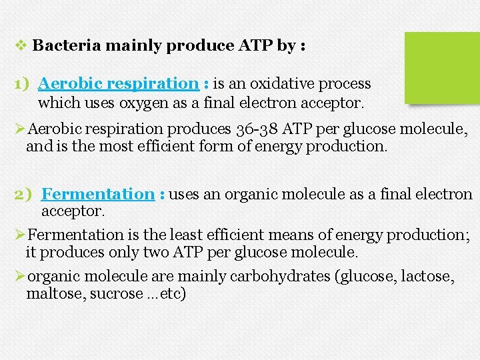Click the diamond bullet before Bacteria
coord(20,46)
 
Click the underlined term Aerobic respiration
coord(118,84)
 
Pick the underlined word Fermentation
coord(97,195)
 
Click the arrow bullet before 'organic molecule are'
coord(19,275)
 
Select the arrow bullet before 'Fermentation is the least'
coord(19,235)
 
